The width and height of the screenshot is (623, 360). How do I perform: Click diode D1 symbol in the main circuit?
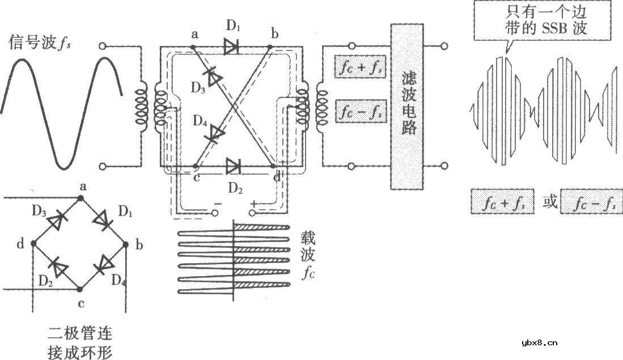pos(231,47)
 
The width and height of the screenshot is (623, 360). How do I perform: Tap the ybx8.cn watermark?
pos(539,342)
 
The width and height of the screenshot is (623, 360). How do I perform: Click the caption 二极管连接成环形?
pos(79,342)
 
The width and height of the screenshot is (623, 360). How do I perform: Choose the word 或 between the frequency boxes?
pos(550,202)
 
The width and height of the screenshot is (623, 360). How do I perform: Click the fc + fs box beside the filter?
pos(361,66)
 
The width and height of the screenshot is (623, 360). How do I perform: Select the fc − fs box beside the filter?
pos(361,111)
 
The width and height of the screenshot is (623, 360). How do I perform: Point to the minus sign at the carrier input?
pos(218,204)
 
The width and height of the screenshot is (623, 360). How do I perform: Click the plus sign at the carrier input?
pos(253,204)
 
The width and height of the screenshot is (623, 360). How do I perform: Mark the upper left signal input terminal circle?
pos(103,46)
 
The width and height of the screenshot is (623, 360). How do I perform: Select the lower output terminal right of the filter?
pos(444,166)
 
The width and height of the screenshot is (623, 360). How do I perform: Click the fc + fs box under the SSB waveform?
pos(502,202)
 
